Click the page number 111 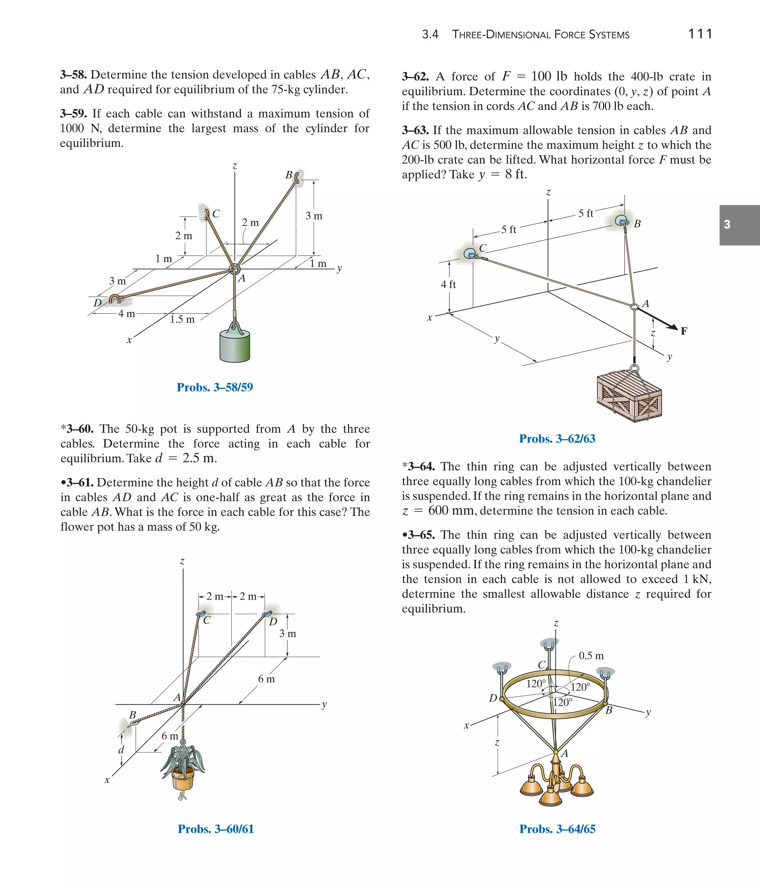(x=700, y=34)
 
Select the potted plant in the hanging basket (x=183, y=770)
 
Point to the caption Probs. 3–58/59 (x=214, y=387)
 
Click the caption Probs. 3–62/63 (x=557, y=439)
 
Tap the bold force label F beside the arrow (x=684, y=331)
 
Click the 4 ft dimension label (x=448, y=284)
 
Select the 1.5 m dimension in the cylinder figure (x=182, y=319)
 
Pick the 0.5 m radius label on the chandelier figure (x=591, y=656)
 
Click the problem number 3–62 (x=415, y=76)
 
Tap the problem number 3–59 (x=73, y=114)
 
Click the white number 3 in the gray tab (x=727, y=224)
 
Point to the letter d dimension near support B (x=121, y=750)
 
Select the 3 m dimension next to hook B (x=314, y=216)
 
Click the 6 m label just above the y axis (x=266, y=679)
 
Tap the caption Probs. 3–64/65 (x=557, y=829)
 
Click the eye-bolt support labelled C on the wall (x=471, y=254)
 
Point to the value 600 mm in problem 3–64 (x=451, y=511)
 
